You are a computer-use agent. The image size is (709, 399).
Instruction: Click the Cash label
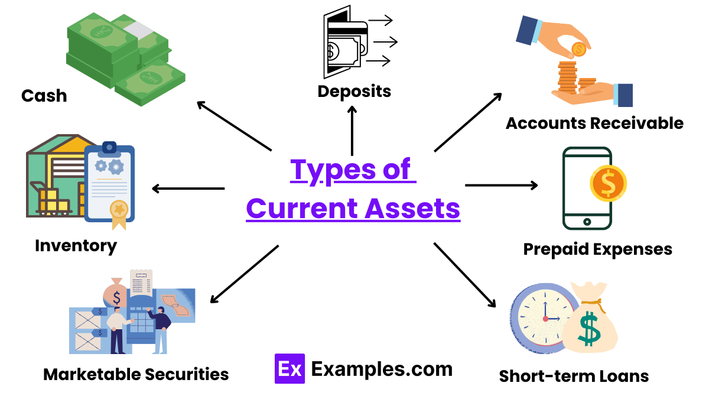click(44, 96)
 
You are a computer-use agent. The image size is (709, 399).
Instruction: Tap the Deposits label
click(354, 91)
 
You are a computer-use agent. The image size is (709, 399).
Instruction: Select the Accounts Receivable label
click(594, 123)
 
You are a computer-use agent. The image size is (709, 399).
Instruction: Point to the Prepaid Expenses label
click(597, 249)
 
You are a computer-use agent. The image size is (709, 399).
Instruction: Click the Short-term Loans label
click(574, 376)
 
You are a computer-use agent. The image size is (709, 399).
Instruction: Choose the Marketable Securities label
click(136, 374)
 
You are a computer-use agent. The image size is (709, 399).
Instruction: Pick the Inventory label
click(76, 245)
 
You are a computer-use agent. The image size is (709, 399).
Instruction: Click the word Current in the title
click(301, 208)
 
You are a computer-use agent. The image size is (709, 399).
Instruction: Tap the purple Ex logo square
click(290, 369)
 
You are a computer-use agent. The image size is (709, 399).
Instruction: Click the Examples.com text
click(382, 369)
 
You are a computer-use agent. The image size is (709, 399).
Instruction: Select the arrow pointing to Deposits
click(352, 130)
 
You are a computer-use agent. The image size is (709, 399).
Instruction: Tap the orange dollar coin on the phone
click(608, 183)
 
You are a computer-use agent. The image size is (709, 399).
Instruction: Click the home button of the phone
click(587, 222)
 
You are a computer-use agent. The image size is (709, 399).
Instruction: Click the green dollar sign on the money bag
click(590, 330)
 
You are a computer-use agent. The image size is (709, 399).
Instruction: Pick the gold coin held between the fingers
click(578, 49)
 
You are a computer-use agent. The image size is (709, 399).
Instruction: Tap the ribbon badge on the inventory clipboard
click(119, 212)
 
